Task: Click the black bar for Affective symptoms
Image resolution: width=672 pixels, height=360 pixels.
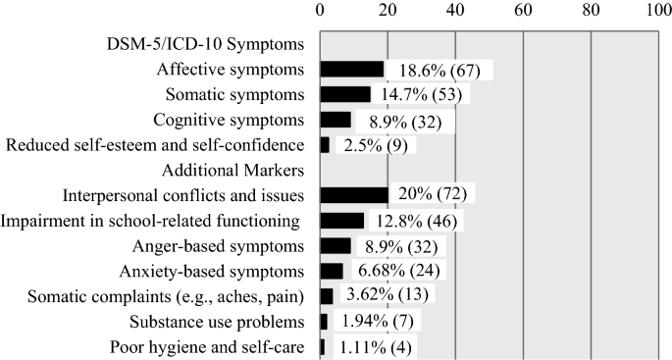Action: tap(351, 69)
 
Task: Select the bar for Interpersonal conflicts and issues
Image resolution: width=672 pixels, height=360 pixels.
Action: tap(353, 194)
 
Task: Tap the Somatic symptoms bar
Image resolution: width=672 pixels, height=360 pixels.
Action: tap(344, 94)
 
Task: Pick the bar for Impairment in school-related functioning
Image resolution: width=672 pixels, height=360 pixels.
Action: tap(341, 220)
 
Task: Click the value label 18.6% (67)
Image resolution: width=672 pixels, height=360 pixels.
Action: tap(443, 70)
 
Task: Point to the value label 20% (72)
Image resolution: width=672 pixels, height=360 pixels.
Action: tap(433, 194)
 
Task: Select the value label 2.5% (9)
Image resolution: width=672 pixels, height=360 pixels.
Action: tap(375, 145)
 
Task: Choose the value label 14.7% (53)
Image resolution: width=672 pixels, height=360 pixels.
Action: tap(429, 94)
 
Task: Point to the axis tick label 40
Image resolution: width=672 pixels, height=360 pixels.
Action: tap(455, 10)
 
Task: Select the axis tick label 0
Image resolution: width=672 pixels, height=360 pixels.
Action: tap(320, 10)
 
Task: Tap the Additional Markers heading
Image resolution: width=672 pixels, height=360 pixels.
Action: tap(237, 170)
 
